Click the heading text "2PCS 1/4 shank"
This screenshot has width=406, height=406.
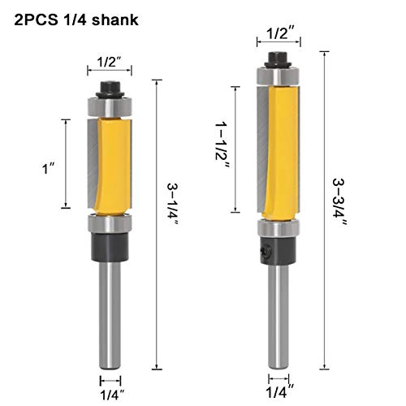(76, 20)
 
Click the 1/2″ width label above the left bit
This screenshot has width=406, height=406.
(109, 62)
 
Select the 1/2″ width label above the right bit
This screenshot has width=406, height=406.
(279, 33)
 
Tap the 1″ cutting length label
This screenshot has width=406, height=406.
(49, 168)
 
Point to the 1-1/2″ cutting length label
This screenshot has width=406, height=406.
(222, 145)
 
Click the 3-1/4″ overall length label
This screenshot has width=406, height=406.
(173, 204)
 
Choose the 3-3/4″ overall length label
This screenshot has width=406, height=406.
(339, 202)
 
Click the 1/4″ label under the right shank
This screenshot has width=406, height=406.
(279, 392)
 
